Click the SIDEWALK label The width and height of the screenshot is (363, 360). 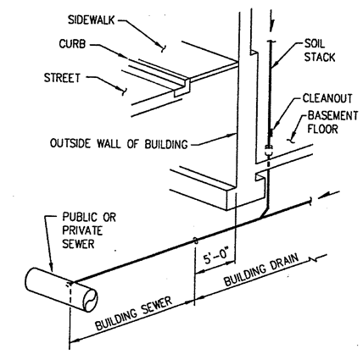coord(92,20)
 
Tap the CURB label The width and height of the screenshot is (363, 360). coord(72,44)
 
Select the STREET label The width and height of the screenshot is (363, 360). coord(62,78)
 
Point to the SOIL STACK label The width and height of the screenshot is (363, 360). coord(320,51)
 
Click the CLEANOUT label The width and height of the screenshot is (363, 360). coord(327,98)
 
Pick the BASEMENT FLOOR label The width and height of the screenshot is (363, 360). coord(332,122)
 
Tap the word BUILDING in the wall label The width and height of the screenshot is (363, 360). coord(166,144)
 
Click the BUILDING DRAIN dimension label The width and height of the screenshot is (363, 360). coord(261,269)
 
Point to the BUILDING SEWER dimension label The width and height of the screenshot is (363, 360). coord(134,313)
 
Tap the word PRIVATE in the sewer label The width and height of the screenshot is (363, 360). coord(82,230)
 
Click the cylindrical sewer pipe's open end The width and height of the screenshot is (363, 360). coord(91,301)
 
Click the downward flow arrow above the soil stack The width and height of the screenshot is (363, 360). coord(272,21)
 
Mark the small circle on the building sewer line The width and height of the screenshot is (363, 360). coord(195,241)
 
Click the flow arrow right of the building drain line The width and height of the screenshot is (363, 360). coord(328,195)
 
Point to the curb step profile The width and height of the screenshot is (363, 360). coord(181,87)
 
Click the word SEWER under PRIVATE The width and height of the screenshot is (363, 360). coord(78,243)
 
